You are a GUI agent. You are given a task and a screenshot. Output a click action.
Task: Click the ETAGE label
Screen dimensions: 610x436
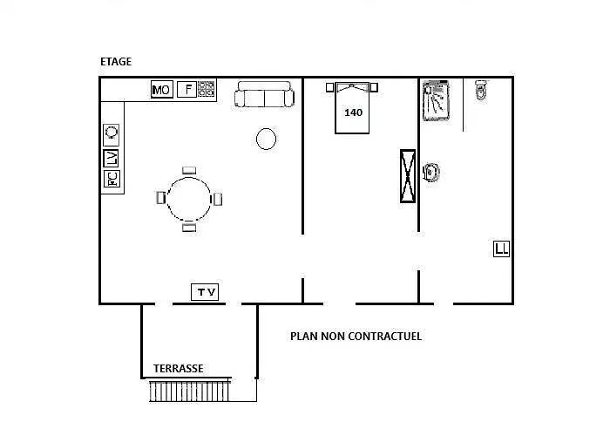(116, 62)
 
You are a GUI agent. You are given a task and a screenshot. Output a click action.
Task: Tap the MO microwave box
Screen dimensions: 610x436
(162, 90)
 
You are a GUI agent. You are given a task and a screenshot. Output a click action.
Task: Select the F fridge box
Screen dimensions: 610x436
(187, 89)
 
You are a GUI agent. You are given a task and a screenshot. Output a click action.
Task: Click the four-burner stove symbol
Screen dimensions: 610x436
(207, 89)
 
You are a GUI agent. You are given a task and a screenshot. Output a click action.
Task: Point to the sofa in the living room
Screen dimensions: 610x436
(264, 94)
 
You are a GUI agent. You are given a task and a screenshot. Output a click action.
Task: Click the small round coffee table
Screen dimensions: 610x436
(266, 139)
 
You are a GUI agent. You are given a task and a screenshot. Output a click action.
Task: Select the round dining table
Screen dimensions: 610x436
(189, 199)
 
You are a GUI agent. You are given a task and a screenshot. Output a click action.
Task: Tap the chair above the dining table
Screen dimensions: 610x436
(189, 171)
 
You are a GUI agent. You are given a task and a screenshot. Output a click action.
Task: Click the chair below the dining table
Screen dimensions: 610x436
(189, 228)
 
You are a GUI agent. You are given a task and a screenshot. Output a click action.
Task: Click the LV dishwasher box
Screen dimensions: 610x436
(111, 158)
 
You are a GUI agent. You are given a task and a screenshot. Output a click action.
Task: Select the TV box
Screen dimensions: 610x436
(205, 292)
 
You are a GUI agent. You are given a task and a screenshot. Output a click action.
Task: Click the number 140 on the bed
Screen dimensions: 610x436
(353, 112)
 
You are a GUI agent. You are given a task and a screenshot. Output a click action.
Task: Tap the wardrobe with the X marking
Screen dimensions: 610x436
(408, 176)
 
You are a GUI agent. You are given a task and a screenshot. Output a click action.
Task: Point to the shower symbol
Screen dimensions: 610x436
(436, 100)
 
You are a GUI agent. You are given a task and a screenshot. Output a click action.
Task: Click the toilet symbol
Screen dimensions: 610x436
(482, 90)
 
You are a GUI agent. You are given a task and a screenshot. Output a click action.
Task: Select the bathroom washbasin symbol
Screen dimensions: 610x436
(431, 172)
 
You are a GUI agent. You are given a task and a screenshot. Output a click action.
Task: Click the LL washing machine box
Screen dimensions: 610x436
(501, 249)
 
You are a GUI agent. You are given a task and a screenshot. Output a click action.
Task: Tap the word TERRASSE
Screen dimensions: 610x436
(178, 368)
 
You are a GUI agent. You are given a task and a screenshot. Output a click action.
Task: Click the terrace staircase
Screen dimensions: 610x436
(190, 391)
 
